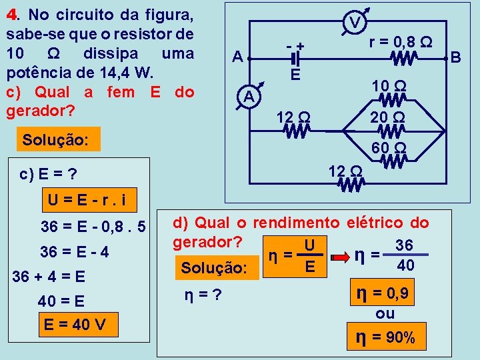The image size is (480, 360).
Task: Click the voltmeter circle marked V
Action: pos(356,23)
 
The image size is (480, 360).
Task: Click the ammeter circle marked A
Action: pos(249,97)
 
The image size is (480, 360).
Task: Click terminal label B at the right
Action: pos(456,58)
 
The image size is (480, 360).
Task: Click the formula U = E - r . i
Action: pos(87,199)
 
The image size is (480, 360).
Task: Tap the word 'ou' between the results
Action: pos(385,314)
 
